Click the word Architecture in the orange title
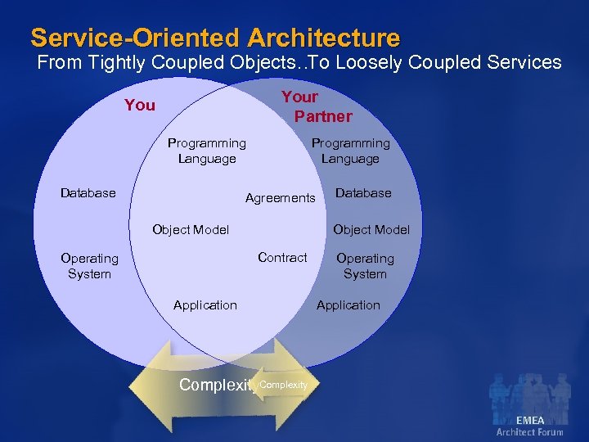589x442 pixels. pos(324,38)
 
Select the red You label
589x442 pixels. pos(140,105)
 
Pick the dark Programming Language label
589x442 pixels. pos(206,151)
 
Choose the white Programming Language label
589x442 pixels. pos(350,151)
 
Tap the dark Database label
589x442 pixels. pos(88,193)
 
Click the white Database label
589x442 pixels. pos(363,193)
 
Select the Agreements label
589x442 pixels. pos(280,198)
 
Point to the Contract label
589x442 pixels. pos(282,257)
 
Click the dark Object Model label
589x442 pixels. pos(191,230)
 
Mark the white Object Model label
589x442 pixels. pos(371,230)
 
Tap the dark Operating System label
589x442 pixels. pos(89,266)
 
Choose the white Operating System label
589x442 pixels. pos(365,266)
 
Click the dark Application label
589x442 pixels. pos(205,305)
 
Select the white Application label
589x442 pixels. pos(348,305)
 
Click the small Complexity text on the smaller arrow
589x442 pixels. pos(283,385)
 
